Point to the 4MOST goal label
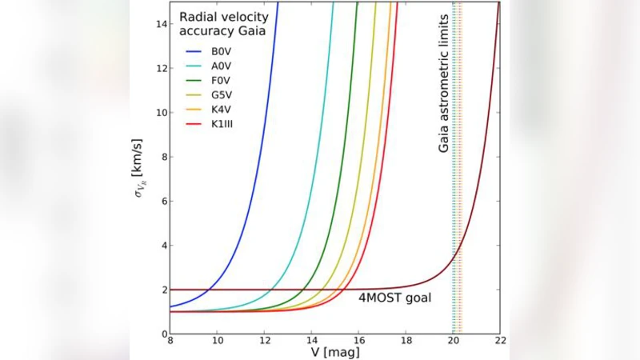click(x=394, y=298)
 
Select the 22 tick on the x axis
click(x=500, y=342)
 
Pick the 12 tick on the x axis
click(x=265, y=342)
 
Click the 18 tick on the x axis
click(x=406, y=342)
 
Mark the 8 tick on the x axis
click(x=170, y=342)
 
